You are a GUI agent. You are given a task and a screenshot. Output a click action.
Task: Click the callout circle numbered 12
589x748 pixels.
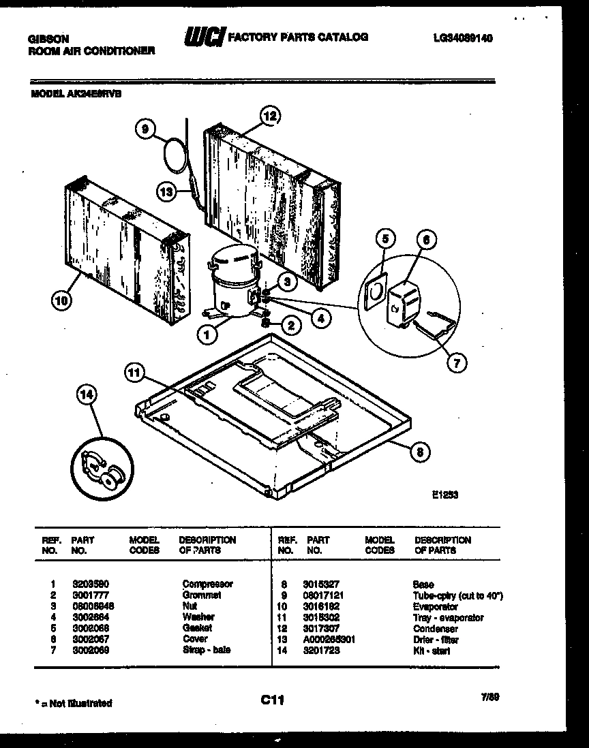click(270, 116)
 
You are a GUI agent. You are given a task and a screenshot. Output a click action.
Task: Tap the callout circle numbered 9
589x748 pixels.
click(146, 127)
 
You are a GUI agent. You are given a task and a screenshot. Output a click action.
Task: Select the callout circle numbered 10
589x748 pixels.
click(62, 300)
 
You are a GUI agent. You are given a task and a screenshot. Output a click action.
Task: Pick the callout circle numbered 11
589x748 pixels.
click(135, 372)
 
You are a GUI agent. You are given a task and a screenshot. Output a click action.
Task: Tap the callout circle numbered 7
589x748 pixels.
click(457, 362)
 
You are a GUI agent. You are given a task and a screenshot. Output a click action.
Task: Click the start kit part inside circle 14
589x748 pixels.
click(100, 470)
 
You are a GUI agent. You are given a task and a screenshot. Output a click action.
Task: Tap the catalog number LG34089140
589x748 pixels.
click(462, 39)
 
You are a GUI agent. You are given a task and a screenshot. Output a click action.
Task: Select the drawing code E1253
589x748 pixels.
click(444, 495)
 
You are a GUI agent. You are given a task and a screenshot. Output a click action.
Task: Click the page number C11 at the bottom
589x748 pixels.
click(272, 700)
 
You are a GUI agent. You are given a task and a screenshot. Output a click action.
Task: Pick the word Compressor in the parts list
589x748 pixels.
click(207, 584)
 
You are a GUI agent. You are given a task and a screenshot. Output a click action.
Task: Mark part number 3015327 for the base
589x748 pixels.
click(321, 584)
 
